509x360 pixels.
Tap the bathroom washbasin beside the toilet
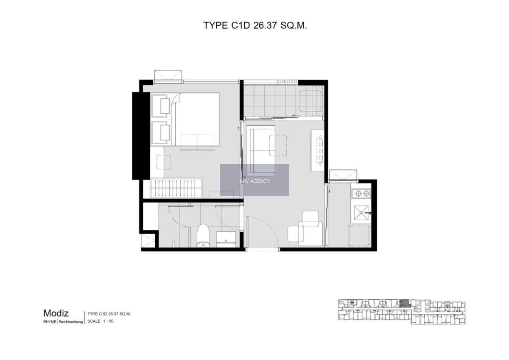click(x=226, y=239)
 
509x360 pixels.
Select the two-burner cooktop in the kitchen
click(x=362, y=194)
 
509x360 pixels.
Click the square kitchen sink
click(x=361, y=213)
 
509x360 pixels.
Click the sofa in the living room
click(x=263, y=151)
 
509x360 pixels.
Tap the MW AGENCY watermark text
click(x=255, y=181)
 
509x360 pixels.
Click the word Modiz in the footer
click(x=56, y=313)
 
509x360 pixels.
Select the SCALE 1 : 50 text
click(x=101, y=321)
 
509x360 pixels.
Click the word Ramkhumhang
click(x=71, y=322)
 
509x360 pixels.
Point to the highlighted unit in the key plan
click(x=404, y=303)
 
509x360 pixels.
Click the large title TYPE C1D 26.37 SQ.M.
click(x=255, y=25)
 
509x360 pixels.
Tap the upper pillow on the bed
click(x=165, y=106)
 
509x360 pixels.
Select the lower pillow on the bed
click(x=165, y=132)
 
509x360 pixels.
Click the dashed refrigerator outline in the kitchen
click(x=359, y=236)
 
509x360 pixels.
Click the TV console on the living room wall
click(x=317, y=151)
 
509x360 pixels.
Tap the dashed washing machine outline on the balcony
click(x=310, y=101)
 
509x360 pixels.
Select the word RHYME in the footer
click(x=50, y=322)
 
